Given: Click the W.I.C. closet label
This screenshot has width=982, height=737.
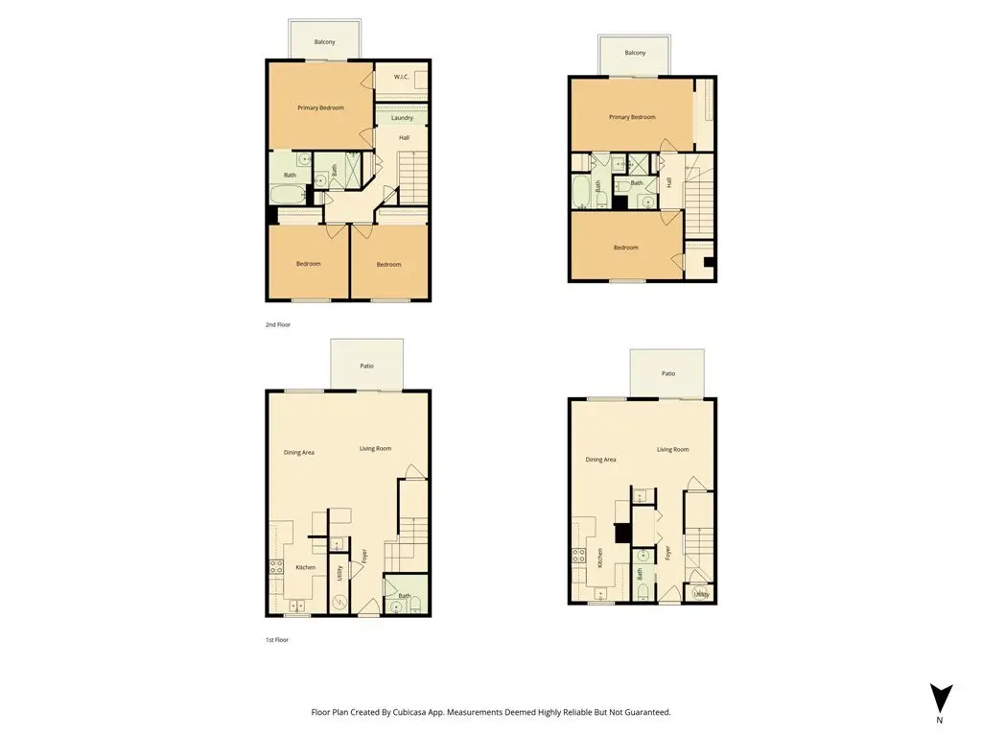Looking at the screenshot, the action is [x=402, y=77].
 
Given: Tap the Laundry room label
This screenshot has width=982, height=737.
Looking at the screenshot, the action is [x=402, y=118].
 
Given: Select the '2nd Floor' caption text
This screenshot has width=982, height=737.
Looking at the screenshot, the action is [x=278, y=324].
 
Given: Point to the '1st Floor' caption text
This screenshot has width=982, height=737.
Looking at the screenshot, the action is [x=277, y=640].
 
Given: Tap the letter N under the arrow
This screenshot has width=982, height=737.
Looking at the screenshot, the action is [x=940, y=720].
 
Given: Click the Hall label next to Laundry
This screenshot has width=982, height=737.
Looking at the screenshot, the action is [x=404, y=138].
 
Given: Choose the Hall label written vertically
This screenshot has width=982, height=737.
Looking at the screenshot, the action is [x=668, y=182].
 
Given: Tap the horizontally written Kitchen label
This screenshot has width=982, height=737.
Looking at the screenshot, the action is [x=306, y=567].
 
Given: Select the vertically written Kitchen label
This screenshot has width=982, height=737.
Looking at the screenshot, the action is [x=600, y=558].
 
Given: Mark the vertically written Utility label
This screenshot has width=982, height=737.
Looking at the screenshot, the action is [x=339, y=573].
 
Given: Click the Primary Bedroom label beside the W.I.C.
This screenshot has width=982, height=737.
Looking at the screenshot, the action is [x=320, y=107].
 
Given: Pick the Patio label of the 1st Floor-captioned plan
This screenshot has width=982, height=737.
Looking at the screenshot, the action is [x=367, y=366].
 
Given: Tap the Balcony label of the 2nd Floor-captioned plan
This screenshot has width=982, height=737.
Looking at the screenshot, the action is [x=324, y=42].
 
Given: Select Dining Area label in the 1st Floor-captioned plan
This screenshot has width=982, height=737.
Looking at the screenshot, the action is [x=299, y=453].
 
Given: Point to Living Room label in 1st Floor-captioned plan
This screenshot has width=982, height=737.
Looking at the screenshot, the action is [x=375, y=449].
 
